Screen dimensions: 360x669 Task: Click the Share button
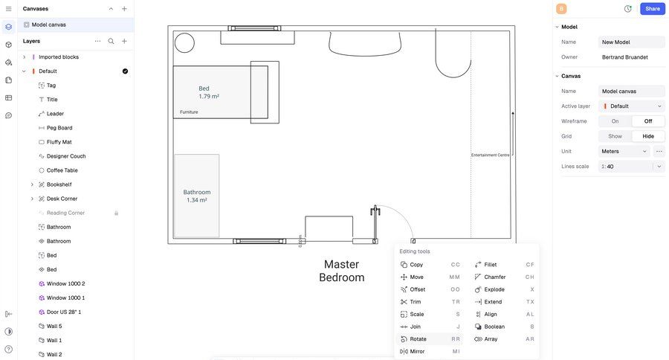pyautogui.click(x=652, y=9)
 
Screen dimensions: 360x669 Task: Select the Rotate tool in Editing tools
pyautogui.click(x=418, y=339)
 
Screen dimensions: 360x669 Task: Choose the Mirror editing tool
pyautogui.click(x=417, y=351)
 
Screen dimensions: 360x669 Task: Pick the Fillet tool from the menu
pyautogui.click(x=491, y=265)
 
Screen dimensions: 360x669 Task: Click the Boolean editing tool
pyautogui.click(x=494, y=327)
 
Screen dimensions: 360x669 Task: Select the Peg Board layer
pyautogui.click(x=59, y=128)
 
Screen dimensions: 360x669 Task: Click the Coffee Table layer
pyautogui.click(x=62, y=170)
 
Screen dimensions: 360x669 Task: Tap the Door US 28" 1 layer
pyautogui.click(x=64, y=312)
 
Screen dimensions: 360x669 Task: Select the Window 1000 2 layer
pyautogui.click(x=65, y=283)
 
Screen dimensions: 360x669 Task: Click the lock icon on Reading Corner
pyautogui.click(x=116, y=213)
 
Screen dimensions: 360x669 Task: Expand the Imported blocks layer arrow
pyautogui.click(x=24, y=57)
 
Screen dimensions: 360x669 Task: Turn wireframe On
pyautogui.click(x=615, y=121)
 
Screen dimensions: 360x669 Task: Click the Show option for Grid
pyautogui.click(x=615, y=136)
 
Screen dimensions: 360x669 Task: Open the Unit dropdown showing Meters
pyautogui.click(x=624, y=151)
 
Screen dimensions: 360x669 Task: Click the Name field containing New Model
pyautogui.click(x=631, y=42)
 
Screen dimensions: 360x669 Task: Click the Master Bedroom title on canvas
pyautogui.click(x=341, y=271)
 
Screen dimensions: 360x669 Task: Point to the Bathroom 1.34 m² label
pyautogui.click(x=197, y=196)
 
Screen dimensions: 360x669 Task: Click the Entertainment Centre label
pyautogui.click(x=490, y=155)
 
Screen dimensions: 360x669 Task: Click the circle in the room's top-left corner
pyautogui.click(x=184, y=43)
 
